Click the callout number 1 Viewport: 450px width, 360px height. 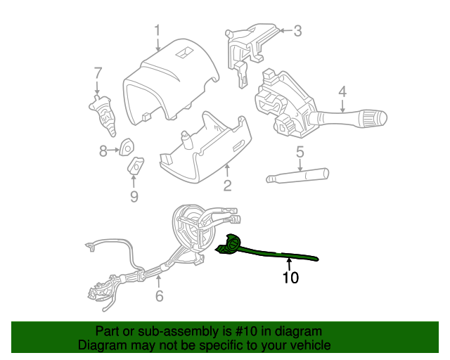157,30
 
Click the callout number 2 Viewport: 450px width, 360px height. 227,186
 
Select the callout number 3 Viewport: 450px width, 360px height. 297,30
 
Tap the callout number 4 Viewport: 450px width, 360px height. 342,91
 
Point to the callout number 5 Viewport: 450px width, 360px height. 300,151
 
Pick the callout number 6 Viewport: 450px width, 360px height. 159,296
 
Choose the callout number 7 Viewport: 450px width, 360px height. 98,72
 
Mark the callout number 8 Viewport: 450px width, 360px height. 103,150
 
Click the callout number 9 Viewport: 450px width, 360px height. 134,196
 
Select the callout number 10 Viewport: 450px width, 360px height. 290,278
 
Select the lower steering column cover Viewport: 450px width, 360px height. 204,151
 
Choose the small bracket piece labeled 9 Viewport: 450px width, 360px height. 135,166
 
